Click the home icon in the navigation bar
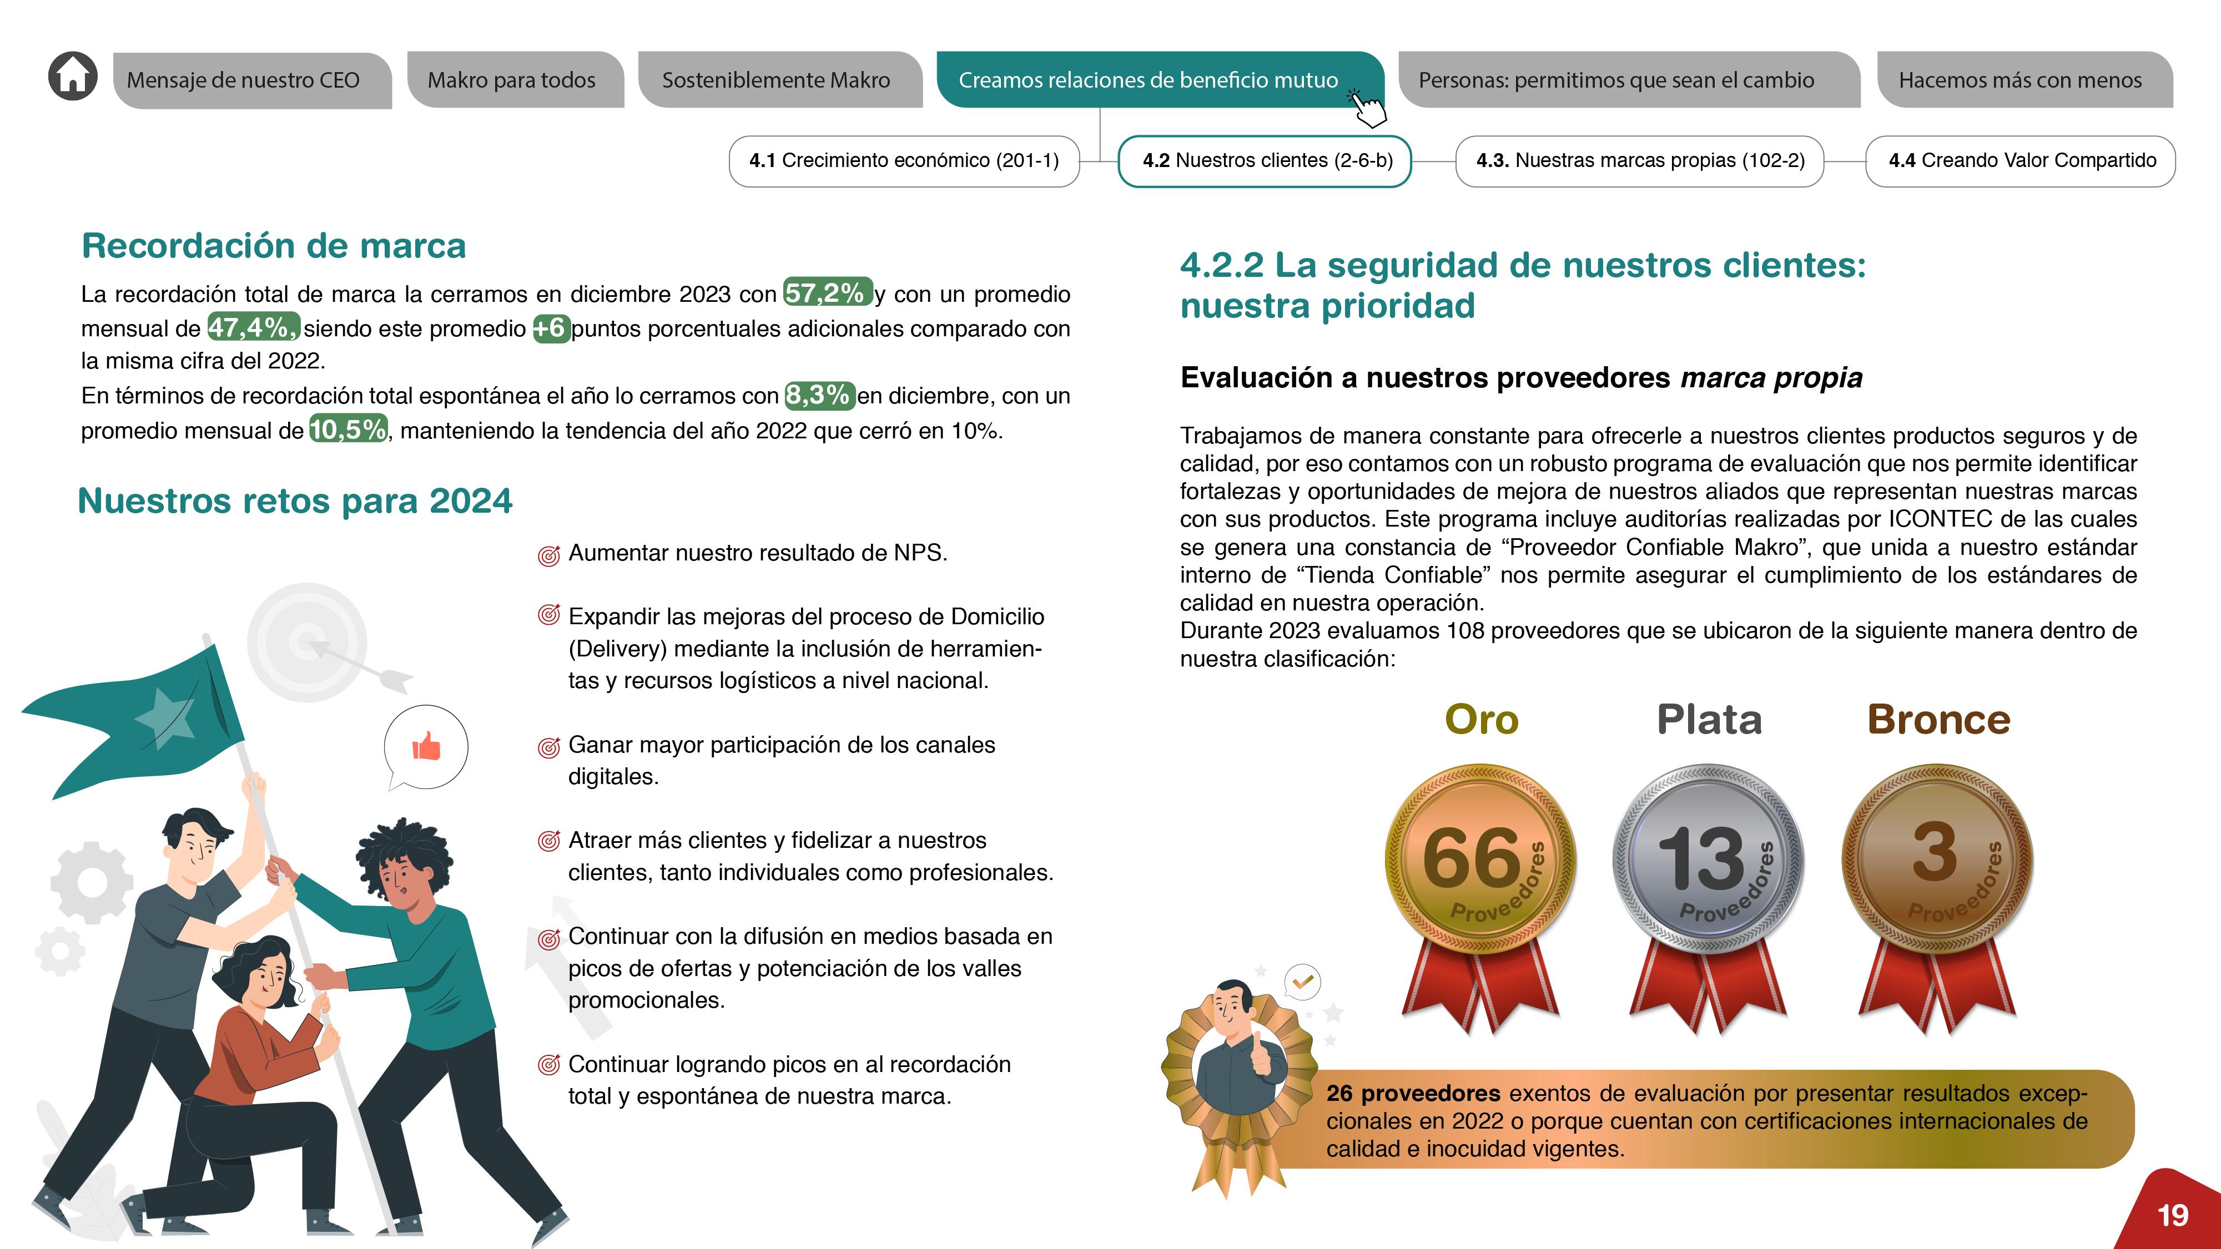tap(73, 76)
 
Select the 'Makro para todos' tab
tap(512, 80)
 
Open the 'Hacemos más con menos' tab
tap(2019, 80)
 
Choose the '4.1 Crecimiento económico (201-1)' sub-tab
tap(904, 160)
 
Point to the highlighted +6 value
tap(550, 328)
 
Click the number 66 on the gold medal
tap(1471, 858)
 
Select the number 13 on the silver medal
tap(1700, 858)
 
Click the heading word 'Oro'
tap(1481, 719)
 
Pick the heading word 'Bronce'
tap(1938, 719)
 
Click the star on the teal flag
tap(165, 715)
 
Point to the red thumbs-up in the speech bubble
tap(426, 746)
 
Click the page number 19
tap(2172, 1215)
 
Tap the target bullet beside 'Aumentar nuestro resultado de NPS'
tap(548, 555)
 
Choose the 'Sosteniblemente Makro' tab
tap(776, 80)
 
